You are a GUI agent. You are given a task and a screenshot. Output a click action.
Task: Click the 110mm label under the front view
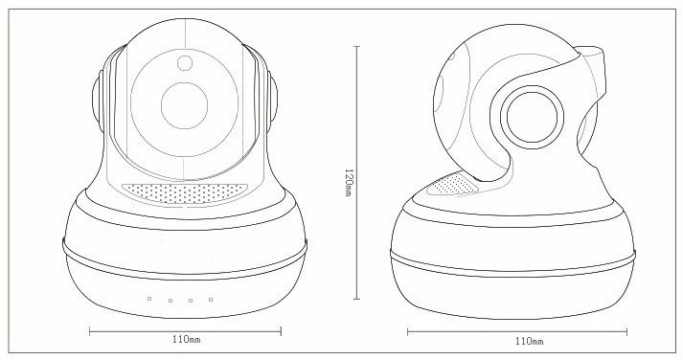click(x=187, y=339)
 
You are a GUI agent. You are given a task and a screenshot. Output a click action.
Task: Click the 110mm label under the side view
click(x=529, y=341)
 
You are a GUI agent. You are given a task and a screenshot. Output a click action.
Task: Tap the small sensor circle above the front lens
click(x=185, y=62)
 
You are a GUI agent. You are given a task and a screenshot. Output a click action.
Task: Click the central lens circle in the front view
click(x=184, y=105)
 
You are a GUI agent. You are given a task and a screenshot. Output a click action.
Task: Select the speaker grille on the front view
click(x=185, y=192)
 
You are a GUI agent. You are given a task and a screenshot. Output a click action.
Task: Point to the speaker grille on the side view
click(x=452, y=184)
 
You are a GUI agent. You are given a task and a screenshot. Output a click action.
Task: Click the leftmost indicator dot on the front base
click(x=149, y=299)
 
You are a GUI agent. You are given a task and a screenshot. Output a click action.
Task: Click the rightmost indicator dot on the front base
click(x=211, y=300)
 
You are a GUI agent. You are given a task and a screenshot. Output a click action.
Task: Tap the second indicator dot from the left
click(x=171, y=301)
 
